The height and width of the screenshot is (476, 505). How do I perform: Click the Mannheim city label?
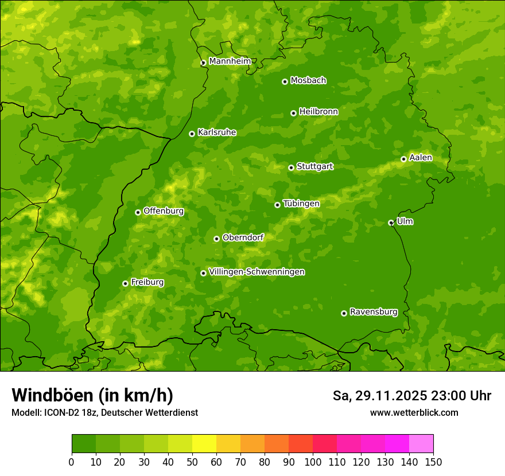tap(230, 61)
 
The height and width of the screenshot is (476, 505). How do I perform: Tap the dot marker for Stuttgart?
tap(291, 167)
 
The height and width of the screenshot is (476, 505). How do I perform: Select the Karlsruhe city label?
tap(216, 132)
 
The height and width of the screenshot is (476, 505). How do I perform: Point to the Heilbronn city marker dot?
tap(293, 113)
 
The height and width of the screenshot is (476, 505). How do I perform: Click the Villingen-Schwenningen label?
tap(257, 272)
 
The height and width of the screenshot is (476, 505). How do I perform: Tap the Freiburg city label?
tap(147, 282)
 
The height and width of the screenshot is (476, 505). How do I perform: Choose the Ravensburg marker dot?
tap(344, 313)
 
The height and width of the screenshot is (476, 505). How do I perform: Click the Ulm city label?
tap(405, 221)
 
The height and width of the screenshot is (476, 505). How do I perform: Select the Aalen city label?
tap(421, 158)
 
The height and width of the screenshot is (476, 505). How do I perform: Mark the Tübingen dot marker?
tap(277, 205)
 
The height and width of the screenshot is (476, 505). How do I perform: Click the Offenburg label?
tap(164, 211)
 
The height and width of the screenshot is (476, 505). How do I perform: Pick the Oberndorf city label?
tap(243, 237)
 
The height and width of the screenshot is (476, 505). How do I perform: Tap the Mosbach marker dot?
tap(285, 81)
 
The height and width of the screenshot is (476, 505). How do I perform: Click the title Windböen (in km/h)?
tap(92, 395)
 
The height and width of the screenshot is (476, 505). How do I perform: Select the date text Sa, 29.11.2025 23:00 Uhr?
tap(411, 396)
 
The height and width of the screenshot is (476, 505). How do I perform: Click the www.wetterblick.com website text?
tap(414, 412)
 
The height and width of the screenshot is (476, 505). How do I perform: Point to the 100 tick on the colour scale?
tap(313, 462)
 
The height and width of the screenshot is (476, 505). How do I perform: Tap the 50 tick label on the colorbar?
tap(192, 462)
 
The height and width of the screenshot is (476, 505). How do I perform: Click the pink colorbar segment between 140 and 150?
tap(421, 443)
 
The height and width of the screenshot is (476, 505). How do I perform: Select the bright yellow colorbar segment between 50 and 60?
tap(204, 443)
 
